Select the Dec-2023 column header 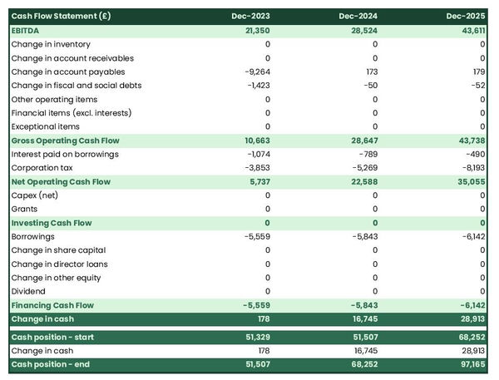252,17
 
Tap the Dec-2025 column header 466,17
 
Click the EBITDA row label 27,31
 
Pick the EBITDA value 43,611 471,31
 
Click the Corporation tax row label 42,168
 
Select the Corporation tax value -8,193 471,168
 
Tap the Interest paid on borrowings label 65,154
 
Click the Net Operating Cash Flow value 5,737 258,181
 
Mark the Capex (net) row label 37,195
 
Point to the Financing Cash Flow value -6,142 471,305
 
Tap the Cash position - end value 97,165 471,364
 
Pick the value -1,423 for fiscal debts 257,86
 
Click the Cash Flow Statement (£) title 61,17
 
